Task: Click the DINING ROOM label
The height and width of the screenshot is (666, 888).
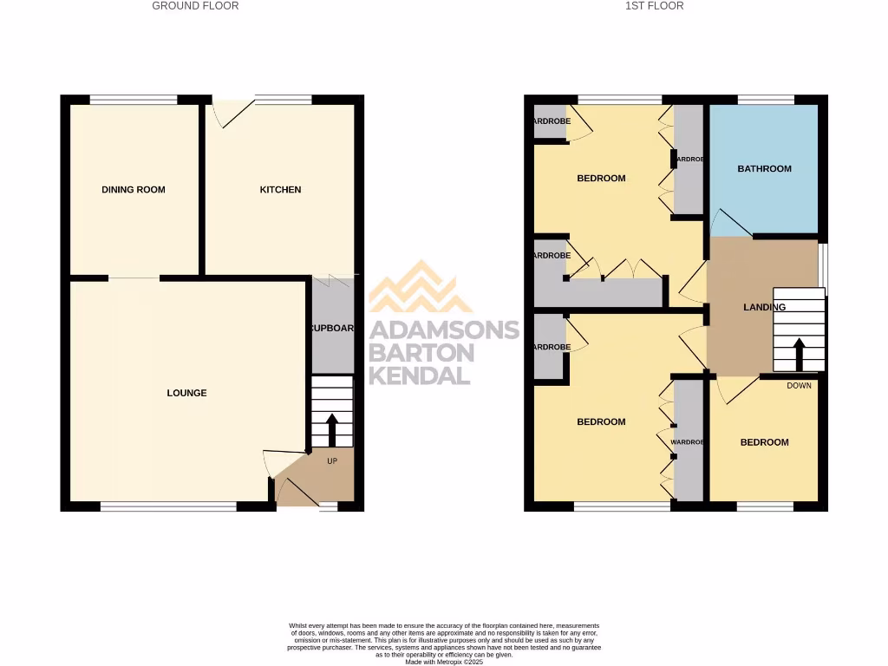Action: (x=133, y=190)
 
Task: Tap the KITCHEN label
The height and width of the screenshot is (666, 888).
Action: (x=281, y=190)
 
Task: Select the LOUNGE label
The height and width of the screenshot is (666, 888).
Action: (x=186, y=393)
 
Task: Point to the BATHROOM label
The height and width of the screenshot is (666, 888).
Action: (x=764, y=169)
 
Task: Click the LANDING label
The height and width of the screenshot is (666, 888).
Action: (x=764, y=307)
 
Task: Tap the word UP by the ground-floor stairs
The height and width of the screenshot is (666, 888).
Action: (x=332, y=460)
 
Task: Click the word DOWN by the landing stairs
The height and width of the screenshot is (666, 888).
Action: (x=799, y=385)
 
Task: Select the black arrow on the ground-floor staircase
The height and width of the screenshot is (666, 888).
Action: (x=332, y=428)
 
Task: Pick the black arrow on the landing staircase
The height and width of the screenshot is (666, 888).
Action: (x=798, y=354)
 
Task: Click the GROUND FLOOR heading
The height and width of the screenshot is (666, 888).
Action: (x=195, y=6)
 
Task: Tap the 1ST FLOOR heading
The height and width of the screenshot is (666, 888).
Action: (x=654, y=6)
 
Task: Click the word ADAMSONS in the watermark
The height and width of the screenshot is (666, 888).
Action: (x=444, y=330)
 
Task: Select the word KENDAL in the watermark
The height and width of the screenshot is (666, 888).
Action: (x=420, y=375)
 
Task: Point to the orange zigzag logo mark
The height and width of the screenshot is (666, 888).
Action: (x=421, y=288)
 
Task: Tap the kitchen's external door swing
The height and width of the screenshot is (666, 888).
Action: (x=227, y=113)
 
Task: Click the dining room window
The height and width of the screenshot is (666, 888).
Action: (x=133, y=100)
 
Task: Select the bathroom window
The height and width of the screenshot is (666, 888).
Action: (x=765, y=100)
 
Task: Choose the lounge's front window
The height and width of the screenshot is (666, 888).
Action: (x=168, y=506)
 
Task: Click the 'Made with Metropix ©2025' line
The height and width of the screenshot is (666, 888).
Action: (x=443, y=661)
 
